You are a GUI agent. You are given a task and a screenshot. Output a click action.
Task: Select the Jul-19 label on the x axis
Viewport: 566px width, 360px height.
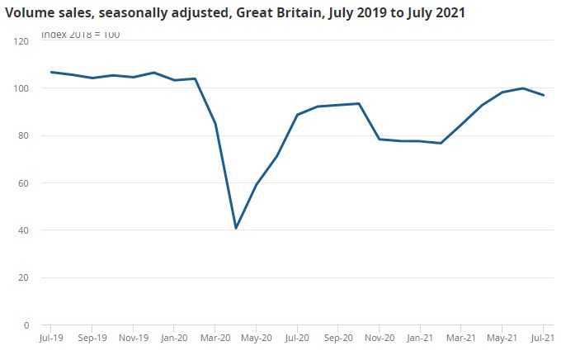(x=51, y=338)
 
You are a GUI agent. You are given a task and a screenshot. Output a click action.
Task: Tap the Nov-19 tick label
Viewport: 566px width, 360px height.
(x=133, y=338)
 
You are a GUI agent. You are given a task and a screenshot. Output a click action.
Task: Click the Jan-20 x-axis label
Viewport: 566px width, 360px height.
(x=173, y=338)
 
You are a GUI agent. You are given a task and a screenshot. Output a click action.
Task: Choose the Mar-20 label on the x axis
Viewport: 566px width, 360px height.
(x=215, y=338)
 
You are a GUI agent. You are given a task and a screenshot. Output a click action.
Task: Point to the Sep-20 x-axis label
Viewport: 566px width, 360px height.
(x=337, y=338)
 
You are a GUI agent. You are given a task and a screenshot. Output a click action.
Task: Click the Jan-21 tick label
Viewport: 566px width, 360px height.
(x=420, y=338)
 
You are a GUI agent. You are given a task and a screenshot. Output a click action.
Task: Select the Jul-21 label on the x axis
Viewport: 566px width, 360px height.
(x=542, y=338)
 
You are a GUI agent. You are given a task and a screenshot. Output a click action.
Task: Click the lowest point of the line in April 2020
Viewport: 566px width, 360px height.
(x=236, y=228)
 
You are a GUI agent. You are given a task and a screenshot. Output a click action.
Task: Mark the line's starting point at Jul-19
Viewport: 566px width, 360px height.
(x=51, y=72)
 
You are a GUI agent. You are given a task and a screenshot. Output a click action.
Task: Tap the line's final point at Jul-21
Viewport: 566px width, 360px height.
(x=543, y=95)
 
